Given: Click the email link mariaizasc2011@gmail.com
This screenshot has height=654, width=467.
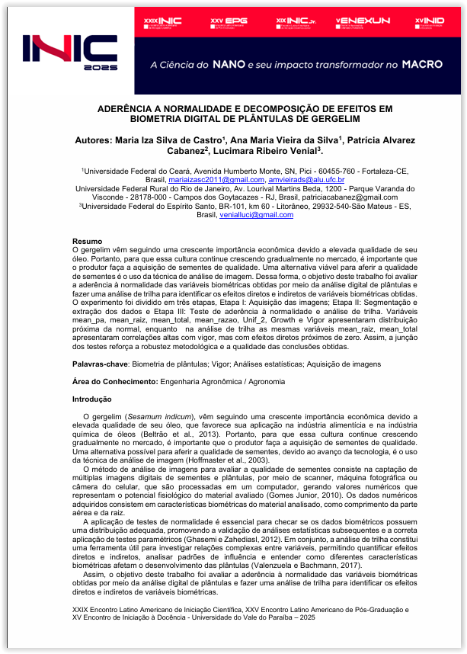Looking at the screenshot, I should click(x=210, y=180).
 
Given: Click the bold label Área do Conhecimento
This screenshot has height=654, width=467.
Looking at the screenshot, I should click(x=115, y=381).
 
